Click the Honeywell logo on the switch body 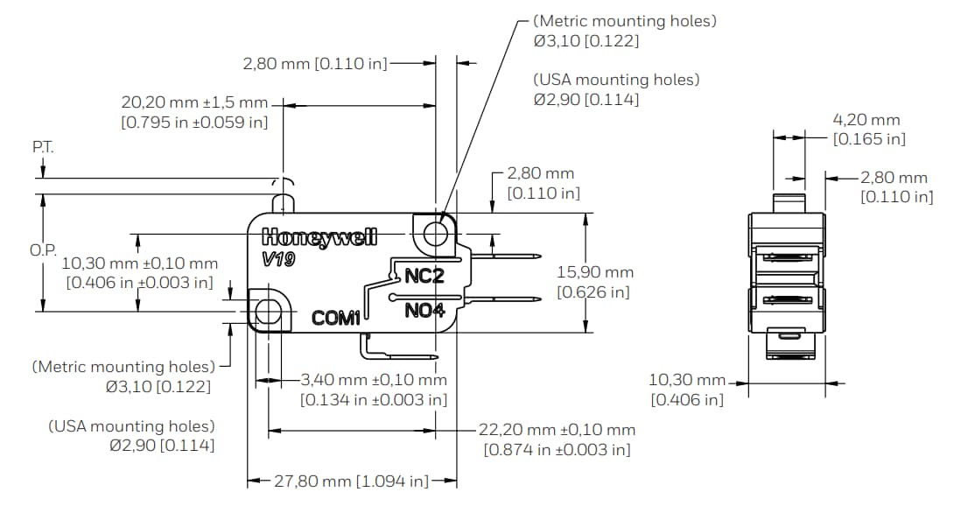coord(319,237)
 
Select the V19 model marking coord(278,260)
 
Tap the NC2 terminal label coord(424,277)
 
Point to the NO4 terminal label coord(424,310)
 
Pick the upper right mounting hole coord(435,233)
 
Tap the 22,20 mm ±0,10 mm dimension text coord(557,430)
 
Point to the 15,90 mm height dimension coord(595,272)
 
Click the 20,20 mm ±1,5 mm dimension coord(194,103)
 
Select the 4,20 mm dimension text coord(866,120)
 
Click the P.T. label coord(43,147)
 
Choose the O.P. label coord(43,249)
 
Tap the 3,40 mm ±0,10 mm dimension coord(374,380)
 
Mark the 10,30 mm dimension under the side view coord(687,380)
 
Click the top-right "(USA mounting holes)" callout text coord(616,80)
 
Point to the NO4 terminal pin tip coord(536,298)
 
